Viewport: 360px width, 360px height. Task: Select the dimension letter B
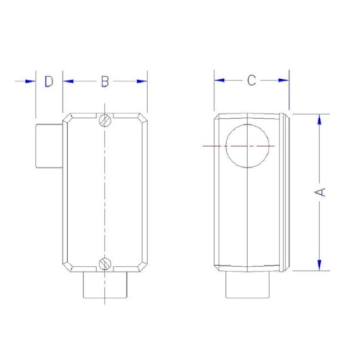pyautogui.click(x=106, y=81)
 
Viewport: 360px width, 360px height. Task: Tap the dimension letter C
pyautogui.click(x=251, y=80)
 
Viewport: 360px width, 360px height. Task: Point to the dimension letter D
pyautogui.click(x=49, y=81)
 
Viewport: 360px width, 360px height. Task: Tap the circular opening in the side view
pyautogui.click(x=248, y=146)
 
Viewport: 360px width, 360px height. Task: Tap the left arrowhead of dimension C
pyautogui.click(x=220, y=80)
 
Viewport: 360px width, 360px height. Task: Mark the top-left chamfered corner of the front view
pyautogui.click(x=68, y=118)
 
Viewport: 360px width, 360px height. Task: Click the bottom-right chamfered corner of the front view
pyautogui.click(x=143, y=265)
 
